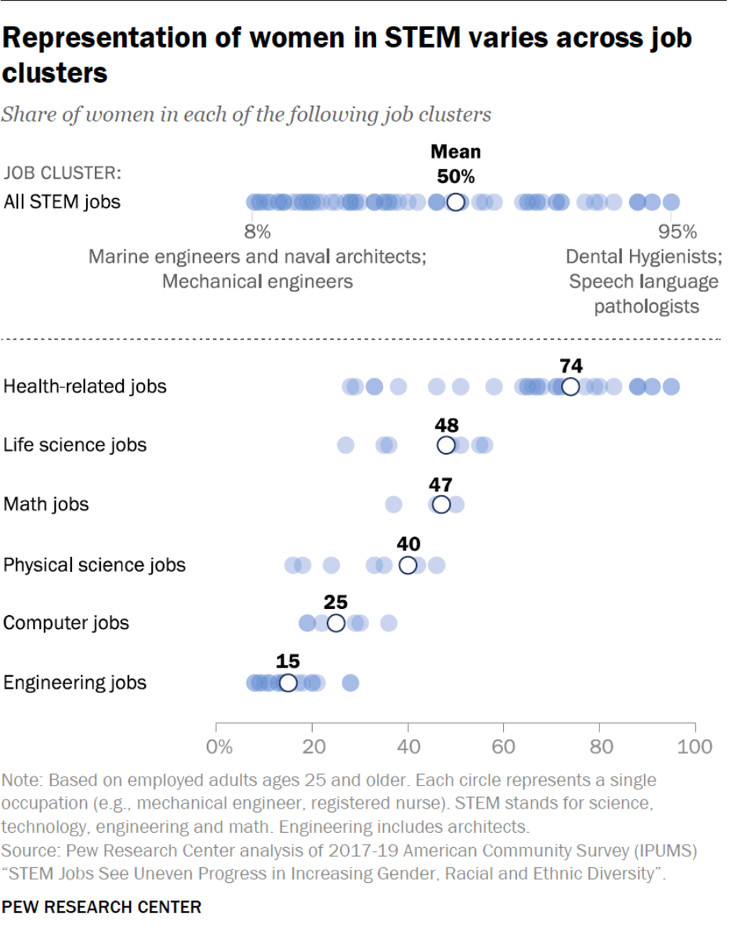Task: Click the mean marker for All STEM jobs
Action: pyautogui.click(x=456, y=202)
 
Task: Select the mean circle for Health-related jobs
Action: pyautogui.click(x=570, y=387)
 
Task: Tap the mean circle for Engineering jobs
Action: pyautogui.click(x=288, y=683)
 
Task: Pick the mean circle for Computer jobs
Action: pyautogui.click(x=336, y=623)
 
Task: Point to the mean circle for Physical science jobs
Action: pyautogui.click(x=408, y=565)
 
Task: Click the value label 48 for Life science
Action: pyautogui.click(x=447, y=425)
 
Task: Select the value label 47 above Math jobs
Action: pyautogui.click(x=440, y=484)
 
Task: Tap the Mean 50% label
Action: pyautogui.click(x=456, y=164)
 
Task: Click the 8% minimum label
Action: pyautogui.click(x=257, y=232)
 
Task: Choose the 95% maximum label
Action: pyautogui.click(x=677, y=232)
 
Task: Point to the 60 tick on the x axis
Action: pyautogui.click(x=503, y=747)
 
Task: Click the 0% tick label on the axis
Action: pyautogui.click(x=219, y=747)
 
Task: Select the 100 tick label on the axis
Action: pyautogui.click(x=694, y=747)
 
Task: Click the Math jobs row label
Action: pyautogui.click(x=46, y=504)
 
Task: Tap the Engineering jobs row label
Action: pyautogui.click(x=75, y=683)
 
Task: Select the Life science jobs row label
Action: pyautogui.click(x=75, y=445)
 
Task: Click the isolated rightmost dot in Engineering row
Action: pyautogui.click(x=350, y=683)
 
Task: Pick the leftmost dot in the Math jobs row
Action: pyautogui.click(x=394, y=504)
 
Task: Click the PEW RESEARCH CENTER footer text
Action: pyautogui.click(x=102, y=907)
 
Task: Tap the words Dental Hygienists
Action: pyautogui.click(x=643, y=256)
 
